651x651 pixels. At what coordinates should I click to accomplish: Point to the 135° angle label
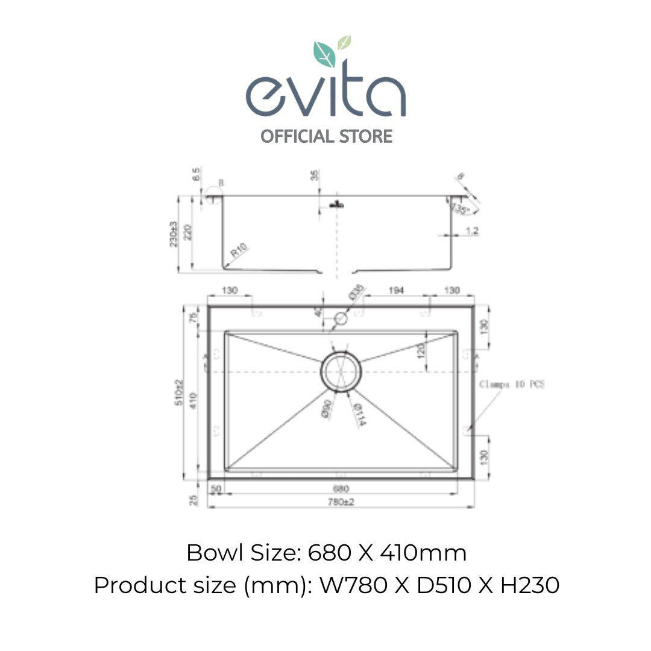[x=461, y=209]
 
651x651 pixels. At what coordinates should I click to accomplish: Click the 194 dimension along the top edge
[x=395, y=291]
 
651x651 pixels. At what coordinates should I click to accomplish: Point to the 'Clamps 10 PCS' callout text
[x=512, y=384]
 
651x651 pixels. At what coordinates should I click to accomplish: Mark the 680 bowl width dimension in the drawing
[x=341, y=489]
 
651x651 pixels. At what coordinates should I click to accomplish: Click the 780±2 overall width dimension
[x=341, y=502]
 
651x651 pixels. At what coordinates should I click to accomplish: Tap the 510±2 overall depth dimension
[x=178, y=392]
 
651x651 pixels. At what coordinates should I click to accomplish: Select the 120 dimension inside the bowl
[x=420, y=351]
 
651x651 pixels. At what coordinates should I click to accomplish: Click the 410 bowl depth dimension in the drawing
[x=192, y=400]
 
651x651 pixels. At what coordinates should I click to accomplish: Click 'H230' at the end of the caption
[x=530, y=585]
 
